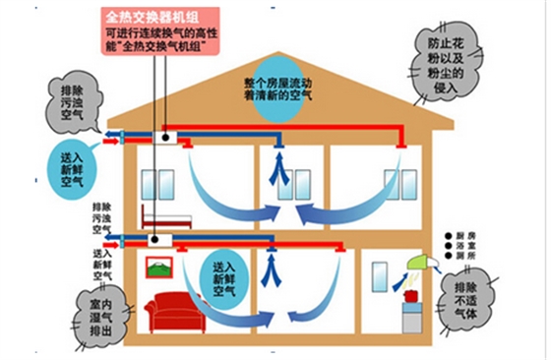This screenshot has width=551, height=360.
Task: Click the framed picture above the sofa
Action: (x=158, y=267)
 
